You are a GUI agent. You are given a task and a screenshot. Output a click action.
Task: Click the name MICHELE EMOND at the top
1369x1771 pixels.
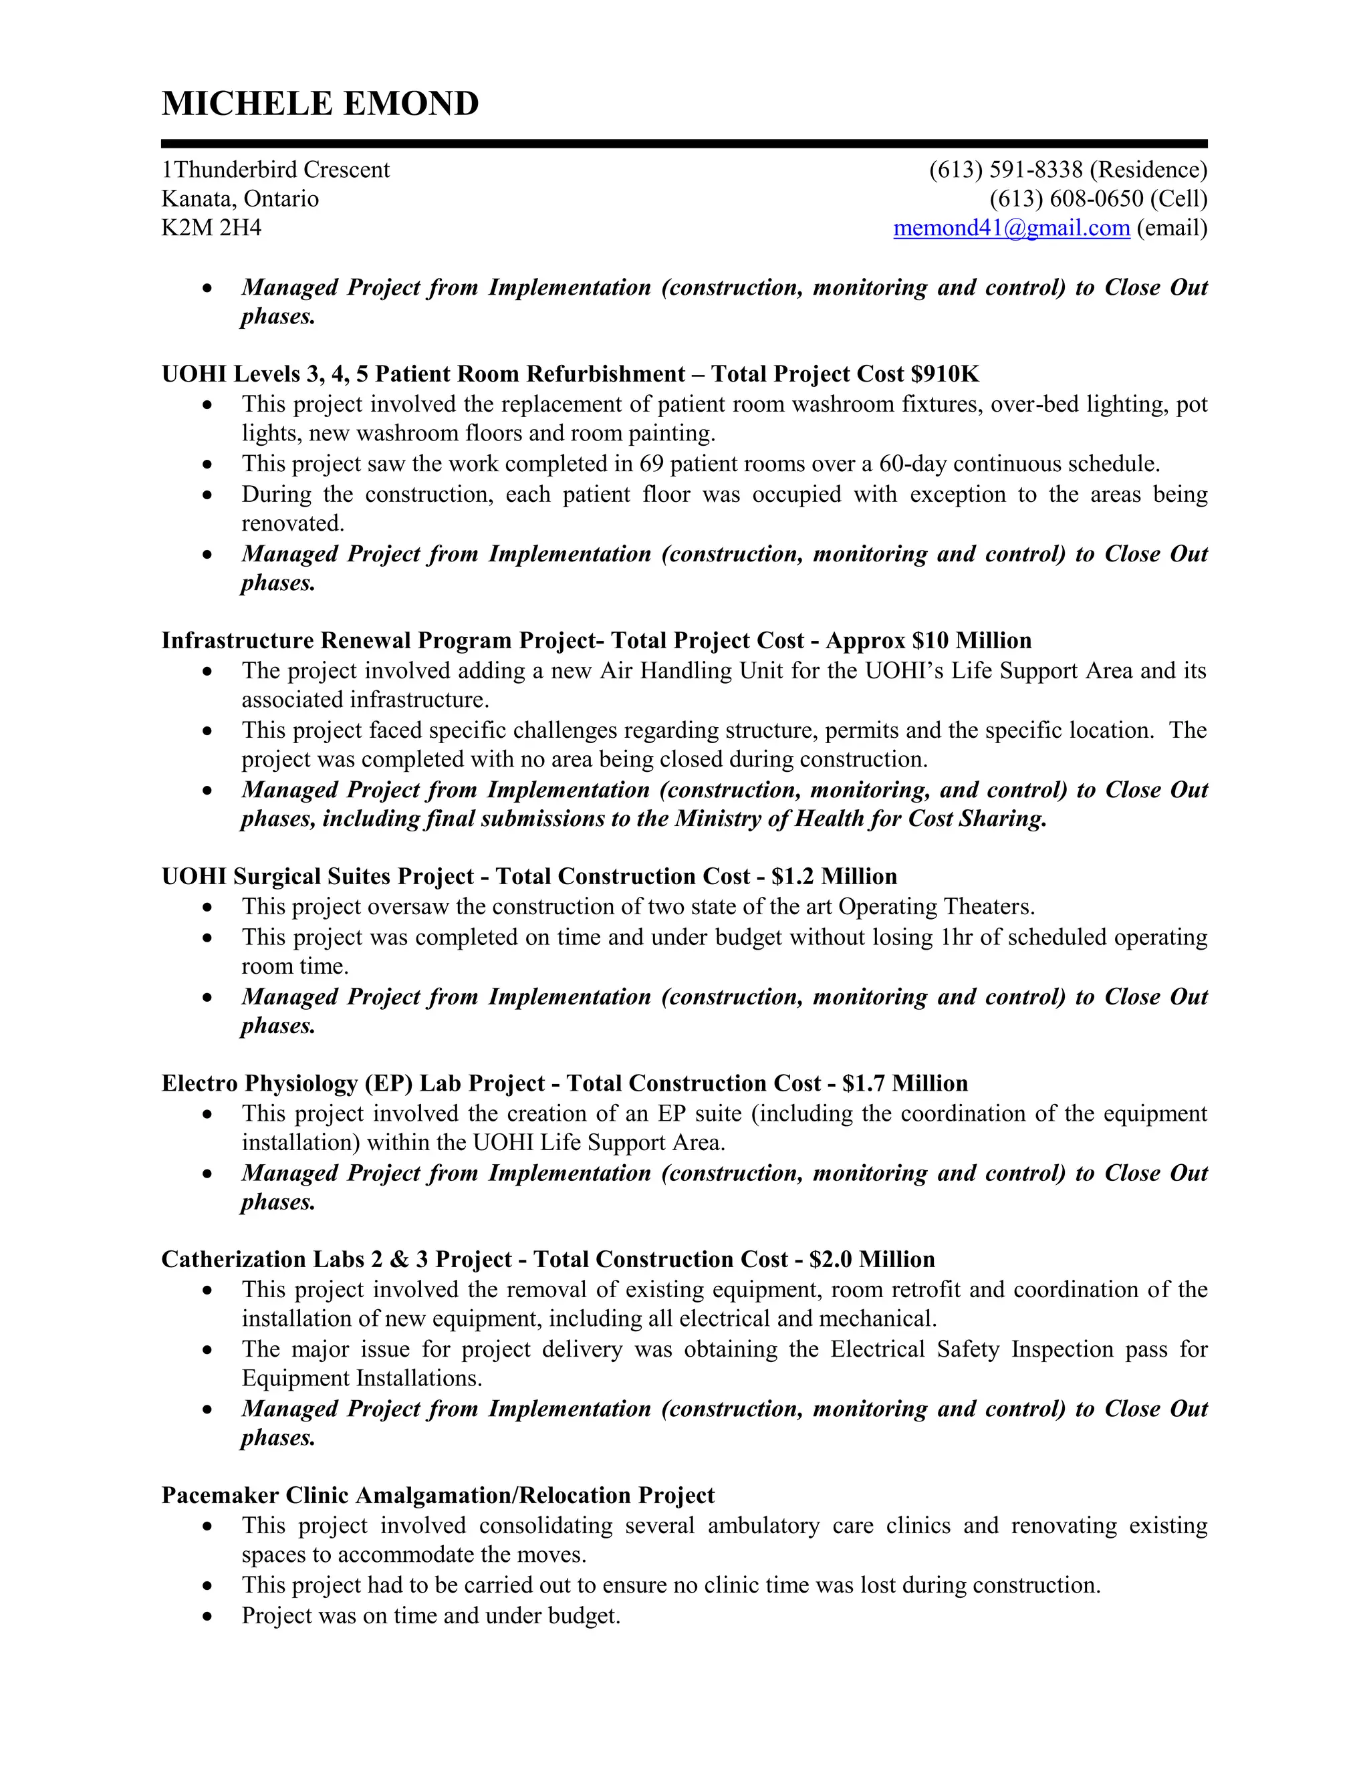[x=320, y=104]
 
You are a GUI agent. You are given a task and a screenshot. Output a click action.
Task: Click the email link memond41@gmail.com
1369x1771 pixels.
[x=1011, y=228]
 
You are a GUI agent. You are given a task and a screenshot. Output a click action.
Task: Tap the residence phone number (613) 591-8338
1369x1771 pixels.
[x=1005, y=170]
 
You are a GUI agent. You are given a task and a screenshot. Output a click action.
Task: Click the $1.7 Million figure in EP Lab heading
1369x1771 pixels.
[x=905, y=1083]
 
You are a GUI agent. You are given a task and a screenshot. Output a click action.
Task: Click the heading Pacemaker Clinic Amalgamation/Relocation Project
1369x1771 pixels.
[x=437, y=1495]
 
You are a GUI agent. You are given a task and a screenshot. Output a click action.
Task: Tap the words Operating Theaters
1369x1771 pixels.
[x=936, y=907]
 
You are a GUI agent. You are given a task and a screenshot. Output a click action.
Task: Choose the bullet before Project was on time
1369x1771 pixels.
[x=209, y=1616]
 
